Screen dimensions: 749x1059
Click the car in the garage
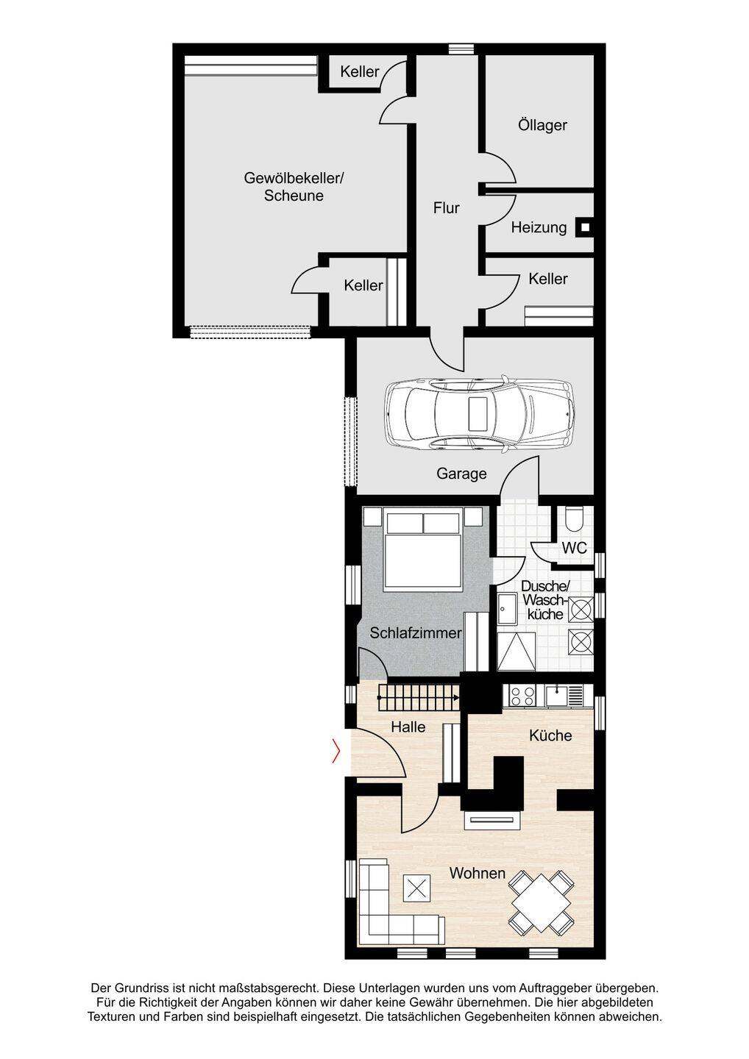coord(480,413)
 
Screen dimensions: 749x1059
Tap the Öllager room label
coord(542,125)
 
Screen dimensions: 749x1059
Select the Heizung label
coord(539,227)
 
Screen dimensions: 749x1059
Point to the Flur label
coord(447,207)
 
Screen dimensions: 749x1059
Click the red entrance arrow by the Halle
coord(336,751)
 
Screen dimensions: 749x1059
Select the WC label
coord(574,548)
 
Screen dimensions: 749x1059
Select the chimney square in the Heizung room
coord(585,227)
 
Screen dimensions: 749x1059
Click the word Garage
coord(461,474)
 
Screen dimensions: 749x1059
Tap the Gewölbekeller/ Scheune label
coord(294,187)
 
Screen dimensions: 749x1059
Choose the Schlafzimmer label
coord(415,633)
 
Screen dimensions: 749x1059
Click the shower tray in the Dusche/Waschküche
coord(516,652)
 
